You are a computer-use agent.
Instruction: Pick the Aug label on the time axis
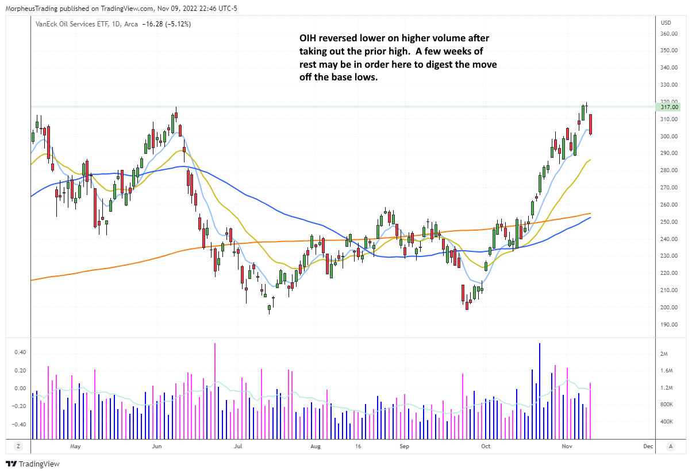point(315,446)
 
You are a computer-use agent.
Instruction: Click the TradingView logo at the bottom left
point(33,464)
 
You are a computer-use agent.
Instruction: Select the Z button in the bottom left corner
point(18,446)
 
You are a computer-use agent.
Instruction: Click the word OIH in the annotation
point(308,38)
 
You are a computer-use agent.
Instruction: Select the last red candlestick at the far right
point(590,124)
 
